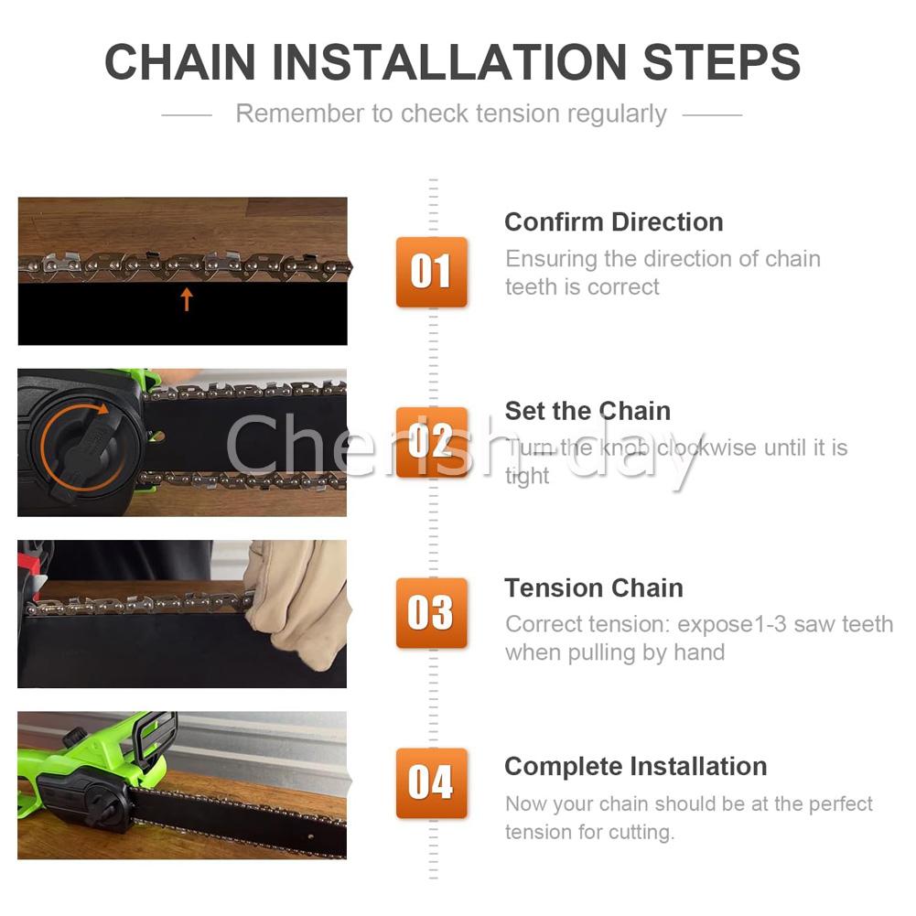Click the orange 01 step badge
point(431,272)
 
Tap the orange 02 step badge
point(431,442)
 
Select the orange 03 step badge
point(431,613)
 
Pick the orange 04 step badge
point(431,783)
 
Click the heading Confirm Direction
point(614,222)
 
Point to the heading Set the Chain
point(587,411)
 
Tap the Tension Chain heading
point(594,588)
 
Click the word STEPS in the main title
point(721,62)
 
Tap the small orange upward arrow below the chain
point(187,299)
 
